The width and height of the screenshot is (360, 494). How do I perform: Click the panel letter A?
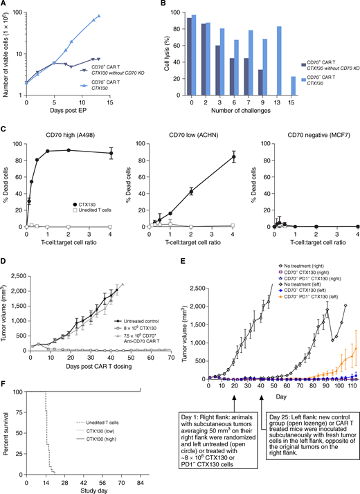click(4, 6)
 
